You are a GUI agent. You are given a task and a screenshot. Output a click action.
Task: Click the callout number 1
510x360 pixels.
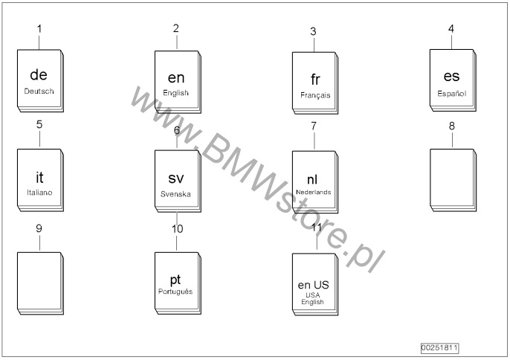click(x=39, y=29)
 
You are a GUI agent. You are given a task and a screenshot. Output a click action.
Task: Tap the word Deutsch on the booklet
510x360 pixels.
click(x=39, y=91)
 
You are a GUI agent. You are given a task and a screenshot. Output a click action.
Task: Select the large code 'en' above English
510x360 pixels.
click(x=176, y=78)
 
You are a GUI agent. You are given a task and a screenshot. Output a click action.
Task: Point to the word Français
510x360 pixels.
click(x=315, y=95)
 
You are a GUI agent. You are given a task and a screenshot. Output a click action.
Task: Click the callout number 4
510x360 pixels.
click(x=451, y=29)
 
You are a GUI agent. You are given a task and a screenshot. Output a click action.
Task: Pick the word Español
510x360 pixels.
click(x=452, y=94)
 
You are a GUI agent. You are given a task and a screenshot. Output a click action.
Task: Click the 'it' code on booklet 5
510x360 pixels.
click(x=39, y=178)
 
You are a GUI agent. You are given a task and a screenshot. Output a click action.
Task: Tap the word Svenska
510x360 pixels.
click(x=175, y=194)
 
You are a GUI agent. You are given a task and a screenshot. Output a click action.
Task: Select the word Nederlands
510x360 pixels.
click(x=314, y=192)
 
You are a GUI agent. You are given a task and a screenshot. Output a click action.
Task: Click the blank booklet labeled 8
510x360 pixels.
click(x=453, y=180)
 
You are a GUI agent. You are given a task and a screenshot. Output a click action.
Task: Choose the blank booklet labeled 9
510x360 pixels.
click(x=40, y=283)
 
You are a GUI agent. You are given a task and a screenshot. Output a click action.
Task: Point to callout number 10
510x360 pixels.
click(x=177, y=229)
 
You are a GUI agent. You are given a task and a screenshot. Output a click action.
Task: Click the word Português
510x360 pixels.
click(x=175, y=292)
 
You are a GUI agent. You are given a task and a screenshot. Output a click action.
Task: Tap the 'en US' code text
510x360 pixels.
click(x=313, y=285)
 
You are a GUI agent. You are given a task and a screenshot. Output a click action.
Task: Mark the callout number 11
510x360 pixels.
click(x=317, y=227)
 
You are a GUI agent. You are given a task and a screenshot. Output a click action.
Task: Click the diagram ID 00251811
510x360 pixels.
click(x=439, y=347)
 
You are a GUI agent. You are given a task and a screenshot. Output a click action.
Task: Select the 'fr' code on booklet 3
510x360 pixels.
click(x=315, y=80)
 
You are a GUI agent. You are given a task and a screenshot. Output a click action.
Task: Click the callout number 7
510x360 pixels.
click(x=314, y=126)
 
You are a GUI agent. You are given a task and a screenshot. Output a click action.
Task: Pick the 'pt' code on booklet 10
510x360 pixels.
click(x=175, y=280)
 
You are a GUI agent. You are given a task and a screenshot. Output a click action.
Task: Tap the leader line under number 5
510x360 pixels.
click(x=39, y=139)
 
